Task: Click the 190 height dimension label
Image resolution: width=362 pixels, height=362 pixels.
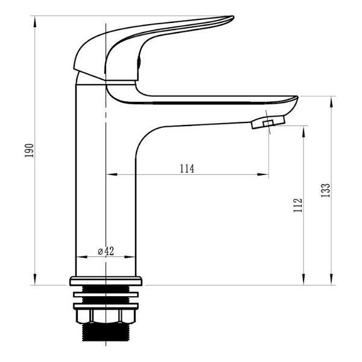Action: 30,150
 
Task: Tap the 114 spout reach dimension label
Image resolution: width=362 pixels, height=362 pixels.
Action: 187,168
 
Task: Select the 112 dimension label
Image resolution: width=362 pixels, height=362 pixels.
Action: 298,205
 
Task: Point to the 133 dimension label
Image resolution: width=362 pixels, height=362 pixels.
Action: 326,190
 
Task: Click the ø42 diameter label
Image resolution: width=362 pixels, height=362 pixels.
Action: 106,251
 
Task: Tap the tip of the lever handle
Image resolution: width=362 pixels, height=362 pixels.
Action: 233,17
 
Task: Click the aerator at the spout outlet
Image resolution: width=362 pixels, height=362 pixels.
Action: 268,122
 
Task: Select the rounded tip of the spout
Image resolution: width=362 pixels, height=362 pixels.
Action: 296,99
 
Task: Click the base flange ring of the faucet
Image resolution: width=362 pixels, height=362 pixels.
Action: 106,281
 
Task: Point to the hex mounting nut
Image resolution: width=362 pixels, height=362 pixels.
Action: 106,316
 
